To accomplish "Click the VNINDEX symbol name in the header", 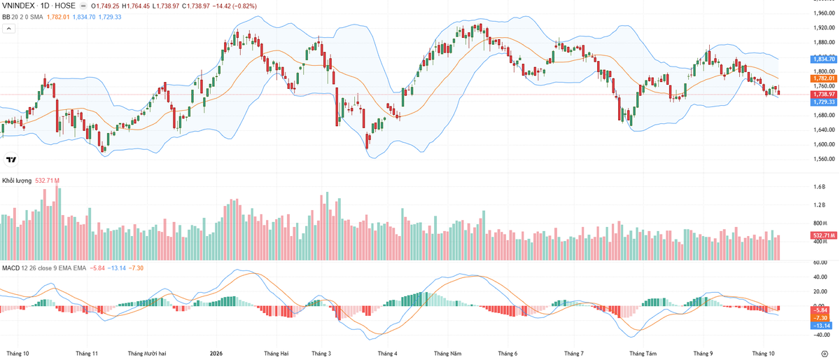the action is (18, 6).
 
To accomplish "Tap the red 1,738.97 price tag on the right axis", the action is (823, 95).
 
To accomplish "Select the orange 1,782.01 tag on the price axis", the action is (823, 78).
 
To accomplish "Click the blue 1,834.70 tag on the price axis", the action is (823, 59).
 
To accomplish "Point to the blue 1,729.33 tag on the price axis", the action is (823, 102).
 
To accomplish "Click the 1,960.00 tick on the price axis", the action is (824, 13).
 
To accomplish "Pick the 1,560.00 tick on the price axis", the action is (824, 159).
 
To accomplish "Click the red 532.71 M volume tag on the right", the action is (823, 235).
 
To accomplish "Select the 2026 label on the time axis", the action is (216, 354).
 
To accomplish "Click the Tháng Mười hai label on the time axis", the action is (146, 354).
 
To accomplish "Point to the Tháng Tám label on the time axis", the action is (643, 354).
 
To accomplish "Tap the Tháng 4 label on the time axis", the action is (387, 354).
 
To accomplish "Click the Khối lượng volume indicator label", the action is (17, 181).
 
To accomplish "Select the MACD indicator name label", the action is (11, 268).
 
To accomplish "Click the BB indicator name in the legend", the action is (6, 17).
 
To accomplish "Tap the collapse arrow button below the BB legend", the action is (8, 29).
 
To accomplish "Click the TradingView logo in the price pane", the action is (11, 160).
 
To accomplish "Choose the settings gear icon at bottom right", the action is (825, 354).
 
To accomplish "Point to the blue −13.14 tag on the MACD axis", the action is (822, 326).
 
